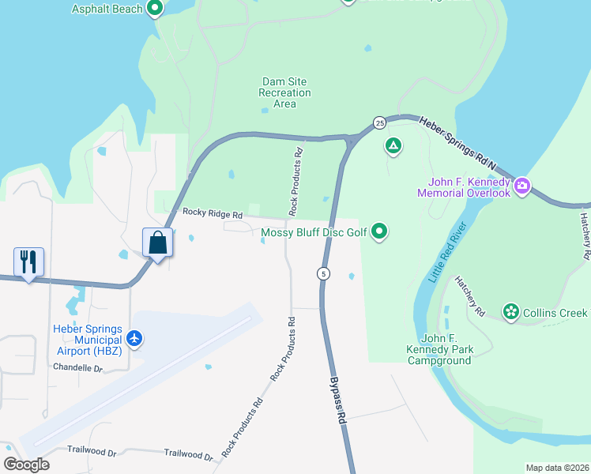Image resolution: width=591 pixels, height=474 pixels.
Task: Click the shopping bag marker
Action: (x=158, y=243)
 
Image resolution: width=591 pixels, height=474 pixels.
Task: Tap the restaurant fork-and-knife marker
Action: (x=28, y=262)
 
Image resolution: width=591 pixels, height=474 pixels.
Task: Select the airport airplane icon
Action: (x=135, y=338)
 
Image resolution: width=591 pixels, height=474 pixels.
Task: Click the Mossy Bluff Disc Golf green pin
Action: (x=380, y=231)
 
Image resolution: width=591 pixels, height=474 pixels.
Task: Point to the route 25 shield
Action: (x=380, y=123)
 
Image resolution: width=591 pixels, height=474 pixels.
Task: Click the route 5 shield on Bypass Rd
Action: (x=323, y=273)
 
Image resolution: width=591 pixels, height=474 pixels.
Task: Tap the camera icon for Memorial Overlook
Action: (x=521, y=187)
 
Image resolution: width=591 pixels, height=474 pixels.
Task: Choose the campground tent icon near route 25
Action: (x=393, y=145)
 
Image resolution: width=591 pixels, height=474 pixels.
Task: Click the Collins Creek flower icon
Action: (x=511, y=313)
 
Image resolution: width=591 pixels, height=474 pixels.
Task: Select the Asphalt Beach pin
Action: (x=156, y=9)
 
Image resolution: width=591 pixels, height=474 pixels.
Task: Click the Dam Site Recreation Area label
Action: (x=284, y=92)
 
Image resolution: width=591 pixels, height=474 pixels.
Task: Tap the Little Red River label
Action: (x=448, y=254)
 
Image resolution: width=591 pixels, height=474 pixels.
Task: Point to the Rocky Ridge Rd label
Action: (x=212, y=213)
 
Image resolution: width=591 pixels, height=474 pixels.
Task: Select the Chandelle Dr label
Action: (x=77, y=367)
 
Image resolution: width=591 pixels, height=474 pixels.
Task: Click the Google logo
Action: (x=27, y=465)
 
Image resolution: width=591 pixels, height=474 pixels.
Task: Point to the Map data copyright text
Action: (x=557, y=468)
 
